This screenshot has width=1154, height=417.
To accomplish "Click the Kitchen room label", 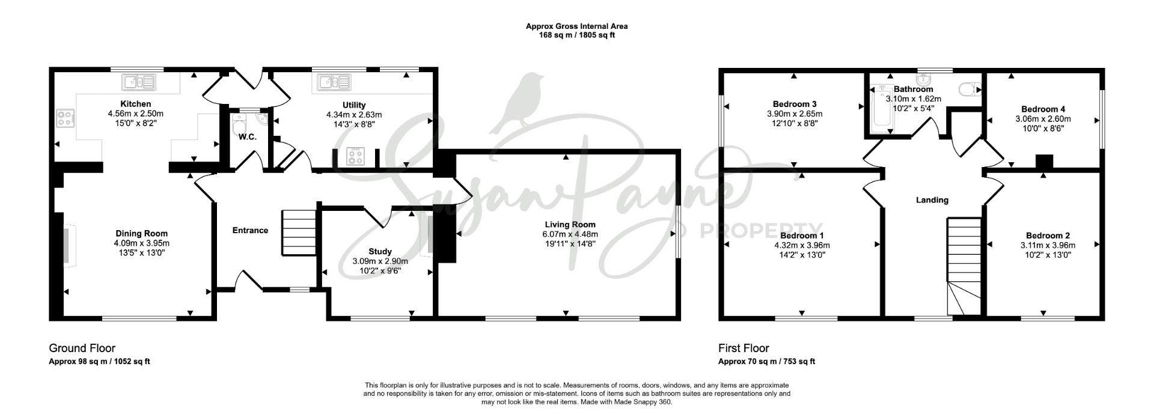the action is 135,104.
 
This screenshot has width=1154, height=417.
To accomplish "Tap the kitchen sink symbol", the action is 139,81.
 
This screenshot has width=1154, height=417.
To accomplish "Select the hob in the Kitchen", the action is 64,119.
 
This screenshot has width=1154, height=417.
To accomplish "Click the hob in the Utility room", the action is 354,156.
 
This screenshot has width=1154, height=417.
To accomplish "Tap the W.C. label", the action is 247,137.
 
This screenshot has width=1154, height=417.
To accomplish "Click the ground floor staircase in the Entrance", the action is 299,233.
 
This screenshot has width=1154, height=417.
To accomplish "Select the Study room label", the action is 380,251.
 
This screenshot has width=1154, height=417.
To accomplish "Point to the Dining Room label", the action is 141,233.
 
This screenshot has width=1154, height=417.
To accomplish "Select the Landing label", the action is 932,200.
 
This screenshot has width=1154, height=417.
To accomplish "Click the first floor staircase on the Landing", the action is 964,267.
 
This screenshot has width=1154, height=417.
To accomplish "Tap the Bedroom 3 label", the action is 795,104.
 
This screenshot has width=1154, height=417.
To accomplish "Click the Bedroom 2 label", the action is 1048,236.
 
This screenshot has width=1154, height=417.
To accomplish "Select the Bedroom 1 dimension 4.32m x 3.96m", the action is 802,245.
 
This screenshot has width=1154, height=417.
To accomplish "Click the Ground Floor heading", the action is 82,349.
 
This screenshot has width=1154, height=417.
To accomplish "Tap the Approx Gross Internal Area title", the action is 576,26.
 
